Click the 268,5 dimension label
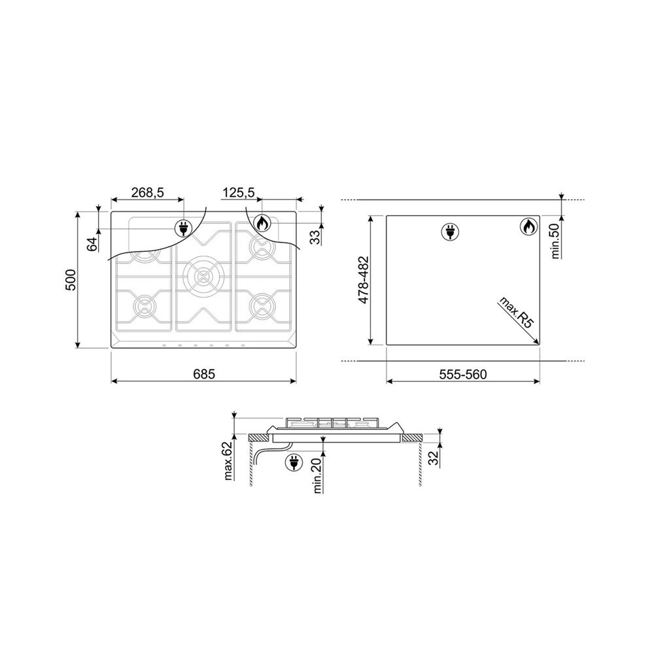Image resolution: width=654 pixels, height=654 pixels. (x=148, y=193)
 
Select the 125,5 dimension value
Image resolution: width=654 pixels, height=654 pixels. (x=238, y=193)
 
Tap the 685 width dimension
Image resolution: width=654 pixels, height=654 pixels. (x=204, y=374)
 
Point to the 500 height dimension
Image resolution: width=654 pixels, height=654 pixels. (x=71, y=280)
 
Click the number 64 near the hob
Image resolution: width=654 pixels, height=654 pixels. (x=93, y=243)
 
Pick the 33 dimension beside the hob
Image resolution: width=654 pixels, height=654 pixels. (x=316, y=237)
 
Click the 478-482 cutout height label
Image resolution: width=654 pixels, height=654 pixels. (x=363, y=280)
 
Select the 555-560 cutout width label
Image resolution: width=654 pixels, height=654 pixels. (x=463, y=375)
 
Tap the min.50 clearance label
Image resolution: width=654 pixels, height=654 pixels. (x=555, y=241)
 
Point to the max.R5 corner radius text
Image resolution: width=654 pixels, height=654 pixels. (x=517, y=313)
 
